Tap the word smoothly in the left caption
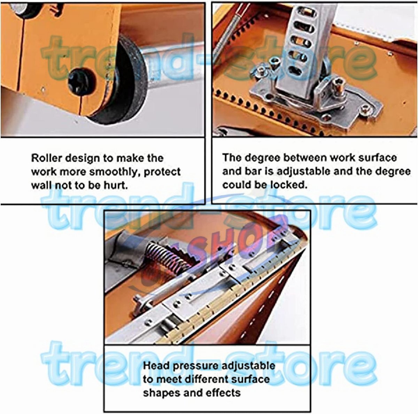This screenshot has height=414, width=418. [x=115, y=172]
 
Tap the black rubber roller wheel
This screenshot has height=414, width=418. [x=122, y=81]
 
